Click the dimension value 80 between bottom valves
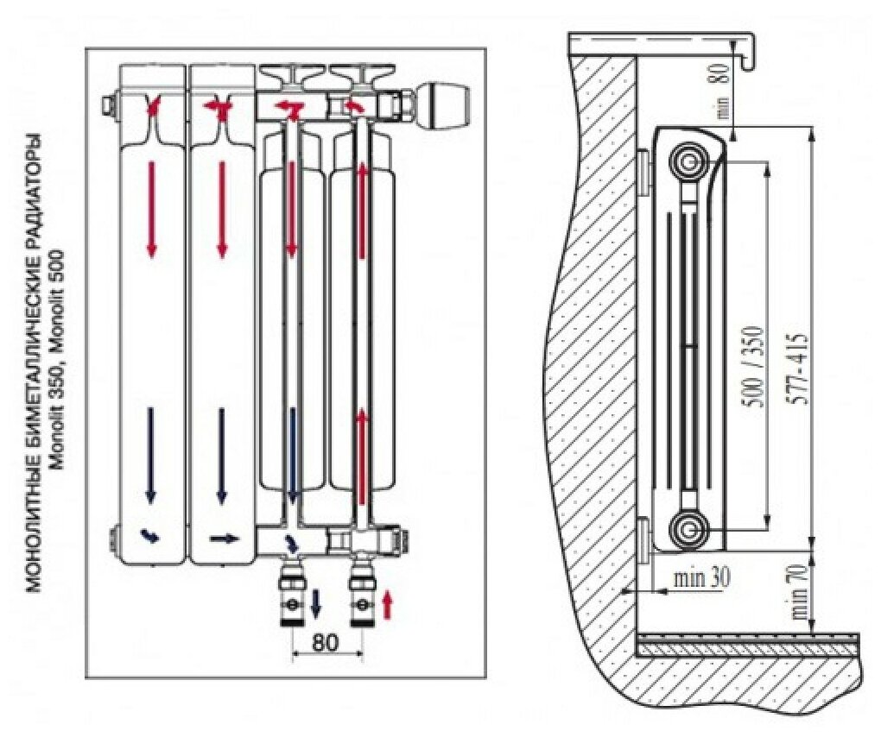click(326, 642)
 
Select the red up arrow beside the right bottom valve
click(387, 603)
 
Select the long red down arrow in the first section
click(152, 207)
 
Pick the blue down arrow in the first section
click(151, 455)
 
